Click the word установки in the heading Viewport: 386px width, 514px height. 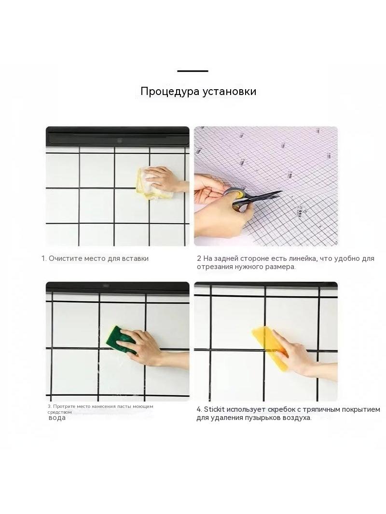(229, 92)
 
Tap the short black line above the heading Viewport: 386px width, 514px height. (193, 71)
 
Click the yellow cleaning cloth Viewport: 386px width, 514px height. (153, 184)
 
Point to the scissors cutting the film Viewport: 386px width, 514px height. (252, 198)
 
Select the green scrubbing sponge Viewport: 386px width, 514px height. (121, 339)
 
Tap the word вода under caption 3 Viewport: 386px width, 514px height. (57, 418)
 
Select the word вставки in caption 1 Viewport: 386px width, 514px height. (135, 258)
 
